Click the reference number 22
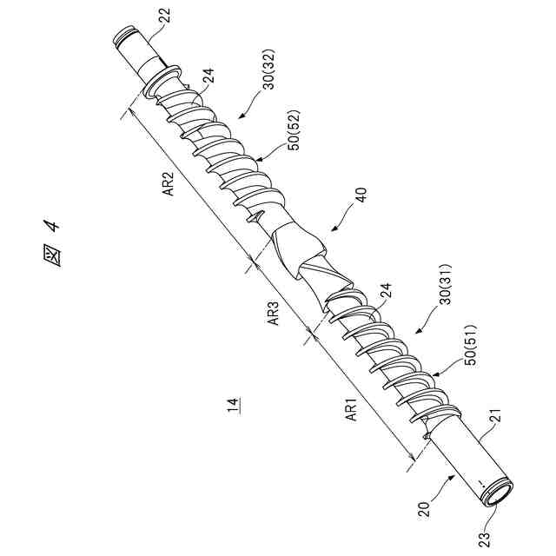coord(165,16)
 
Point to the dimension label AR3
coord(272,314)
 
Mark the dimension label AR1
coord(352,409)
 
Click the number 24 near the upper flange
coord(208,79)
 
